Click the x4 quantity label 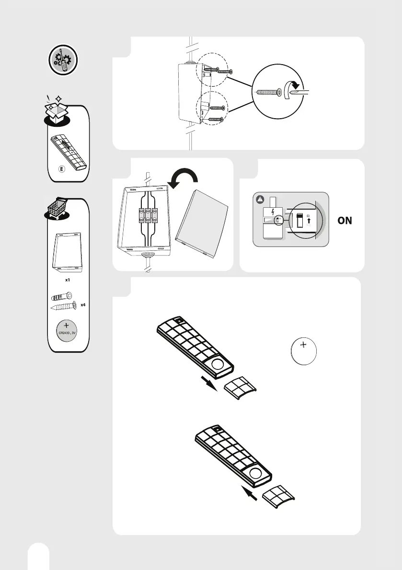point(83,304)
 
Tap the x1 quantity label point(68,279)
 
